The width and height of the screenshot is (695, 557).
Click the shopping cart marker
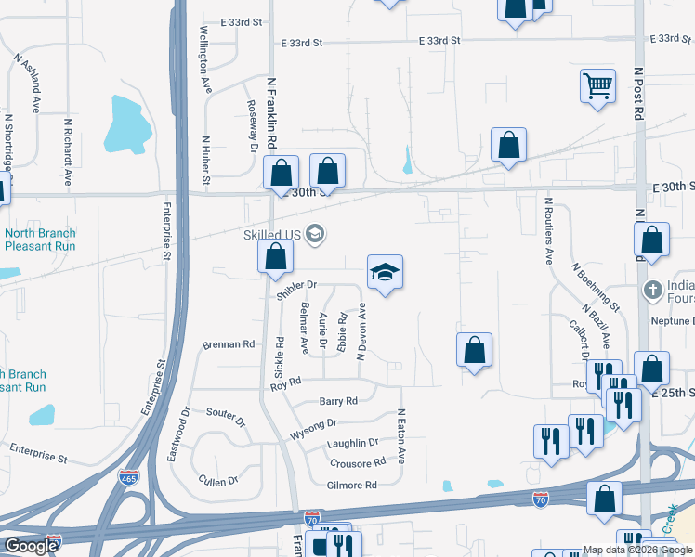pyautogui.click(x=598, y=87)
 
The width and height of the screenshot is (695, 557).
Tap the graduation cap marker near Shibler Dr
pyautogui.click(x=385, y=272)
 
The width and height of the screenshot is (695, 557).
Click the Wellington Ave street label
pyautogui.click(x=203, y=57)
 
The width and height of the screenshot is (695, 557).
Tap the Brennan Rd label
pyautogui.click(x=229, y=344)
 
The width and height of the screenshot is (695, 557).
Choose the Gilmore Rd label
pyautogui.click(x=351, y=486)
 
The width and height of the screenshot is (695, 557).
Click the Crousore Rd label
pyautogui.click(x=357, y=462)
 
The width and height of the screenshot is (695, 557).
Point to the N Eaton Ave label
pyautogui.click(x=401, y=436)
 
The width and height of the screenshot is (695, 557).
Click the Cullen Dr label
pyautogui.click(x=218, y=481)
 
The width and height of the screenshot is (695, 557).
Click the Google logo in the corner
pyautogui.click(x=31, y=545)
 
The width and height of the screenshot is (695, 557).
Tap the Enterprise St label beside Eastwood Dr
pyautogui.click(x=38, y=453)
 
